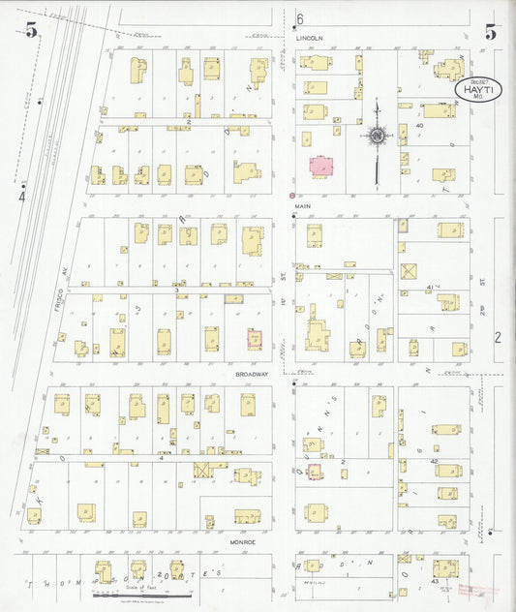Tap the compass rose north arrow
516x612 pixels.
[x=376, y=135]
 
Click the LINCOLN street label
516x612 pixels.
[x=309, y=39]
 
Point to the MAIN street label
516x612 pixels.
[x=303, y=205]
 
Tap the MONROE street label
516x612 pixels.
[x=242, y=542]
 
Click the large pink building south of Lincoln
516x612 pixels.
[x=321, y=166]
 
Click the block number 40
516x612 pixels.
[x=420, y=126]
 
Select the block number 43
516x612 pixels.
[x=435, y=581]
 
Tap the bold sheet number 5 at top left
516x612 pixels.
[x=32, y=31]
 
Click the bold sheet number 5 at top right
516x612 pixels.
[x=491, y=31]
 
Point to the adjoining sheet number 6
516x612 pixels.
[x=300, y=19]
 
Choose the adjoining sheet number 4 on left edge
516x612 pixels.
[x=21, y=196]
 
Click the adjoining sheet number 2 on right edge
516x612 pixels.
[x=499, y=337]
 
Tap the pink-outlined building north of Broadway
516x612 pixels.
[x=255, y=340]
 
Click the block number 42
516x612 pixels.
[x=435, y=462]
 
